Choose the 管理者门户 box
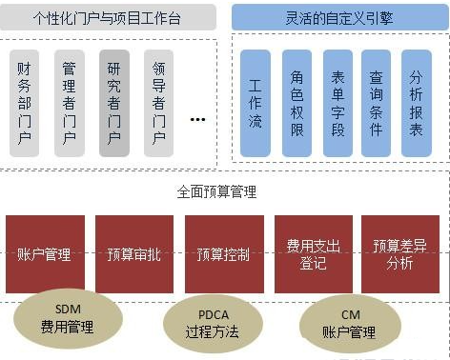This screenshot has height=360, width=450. coord(69,103)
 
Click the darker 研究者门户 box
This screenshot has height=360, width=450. coord(114,103)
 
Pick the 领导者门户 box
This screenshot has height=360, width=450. coord(159,103)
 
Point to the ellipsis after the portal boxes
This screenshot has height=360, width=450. coord(198,119)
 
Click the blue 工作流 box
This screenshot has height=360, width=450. coord(256,103)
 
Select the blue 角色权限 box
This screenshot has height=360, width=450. coord(296,103)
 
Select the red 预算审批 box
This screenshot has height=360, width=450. coord(133,255)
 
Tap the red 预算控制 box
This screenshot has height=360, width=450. coord(223,255)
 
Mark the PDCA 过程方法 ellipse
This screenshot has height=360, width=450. coord(212,323)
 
